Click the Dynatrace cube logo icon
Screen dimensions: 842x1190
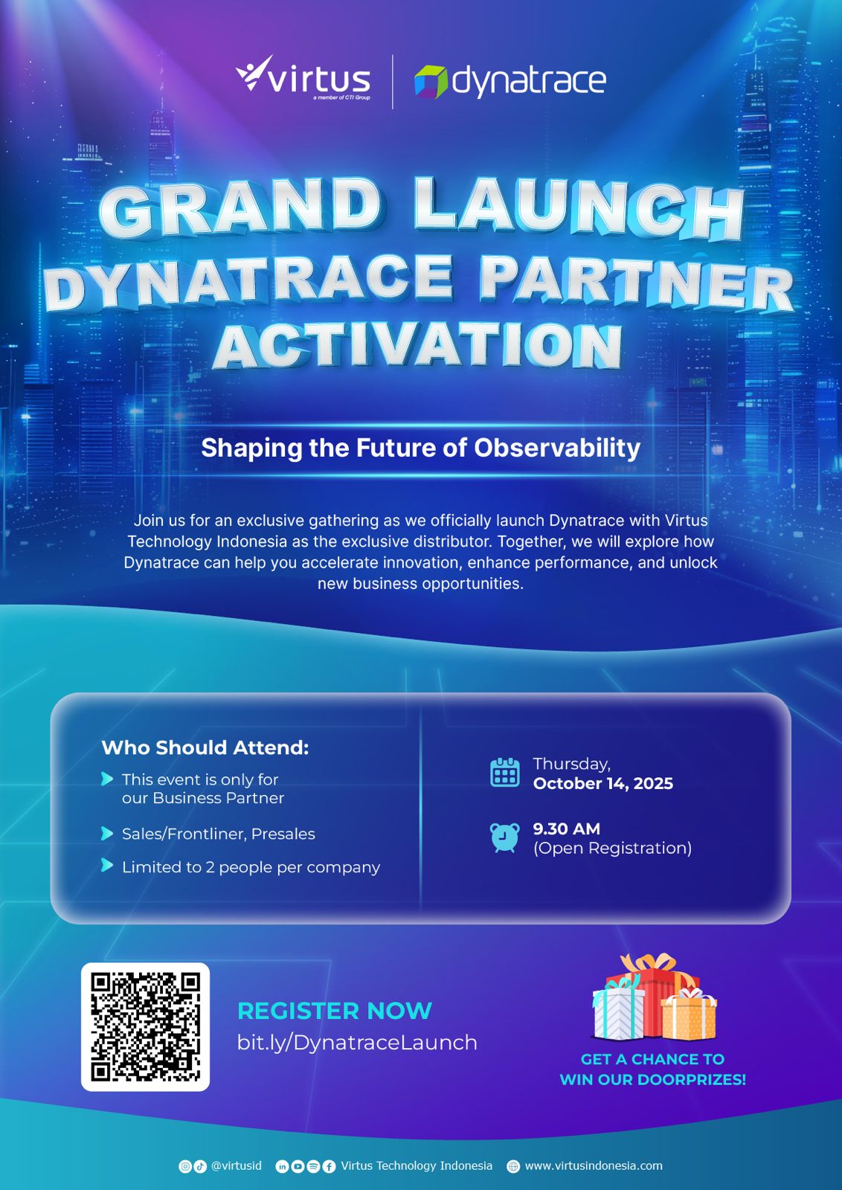tap(430, 82)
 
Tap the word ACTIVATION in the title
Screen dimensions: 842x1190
tap(418, 346)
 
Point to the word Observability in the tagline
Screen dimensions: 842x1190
tap(557, 448)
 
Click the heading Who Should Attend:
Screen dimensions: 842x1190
tap(205, 747)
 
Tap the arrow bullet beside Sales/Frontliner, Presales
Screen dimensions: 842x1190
tap(107, 834)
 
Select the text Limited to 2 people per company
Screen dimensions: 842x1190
tap(251, 867)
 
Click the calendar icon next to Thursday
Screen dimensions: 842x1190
tap(504, 772)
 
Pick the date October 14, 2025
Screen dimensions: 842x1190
tap(603, 784)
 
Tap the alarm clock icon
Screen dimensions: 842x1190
tap(504, 837)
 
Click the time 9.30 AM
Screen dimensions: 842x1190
tap(566, 829)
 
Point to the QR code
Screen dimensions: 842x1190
tap(145, 1027)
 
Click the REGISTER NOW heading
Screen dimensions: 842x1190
tap(334, 1011)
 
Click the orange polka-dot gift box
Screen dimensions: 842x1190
tap(689, 1014)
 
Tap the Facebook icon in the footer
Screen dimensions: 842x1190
tap(330, 1167)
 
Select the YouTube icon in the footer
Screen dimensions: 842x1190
tap(298, 1167)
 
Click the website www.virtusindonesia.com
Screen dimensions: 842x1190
tap(594, 1166)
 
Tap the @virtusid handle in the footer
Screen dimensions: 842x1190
tap(236, 1166)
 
